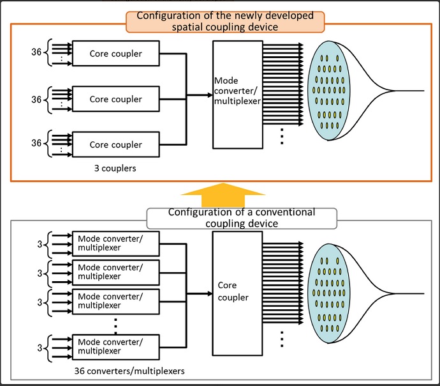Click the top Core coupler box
[115, 54]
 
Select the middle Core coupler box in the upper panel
[115, 100]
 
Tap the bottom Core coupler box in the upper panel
[115, 144]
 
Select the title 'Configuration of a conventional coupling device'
[241, 218]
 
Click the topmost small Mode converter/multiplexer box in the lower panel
[115, 243]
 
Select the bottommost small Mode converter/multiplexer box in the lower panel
[115, 346]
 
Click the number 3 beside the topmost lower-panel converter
[40, 243]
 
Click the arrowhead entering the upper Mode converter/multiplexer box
[208, 95]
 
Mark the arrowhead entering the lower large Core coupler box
[208, 293]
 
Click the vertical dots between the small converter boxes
[115, 325]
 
